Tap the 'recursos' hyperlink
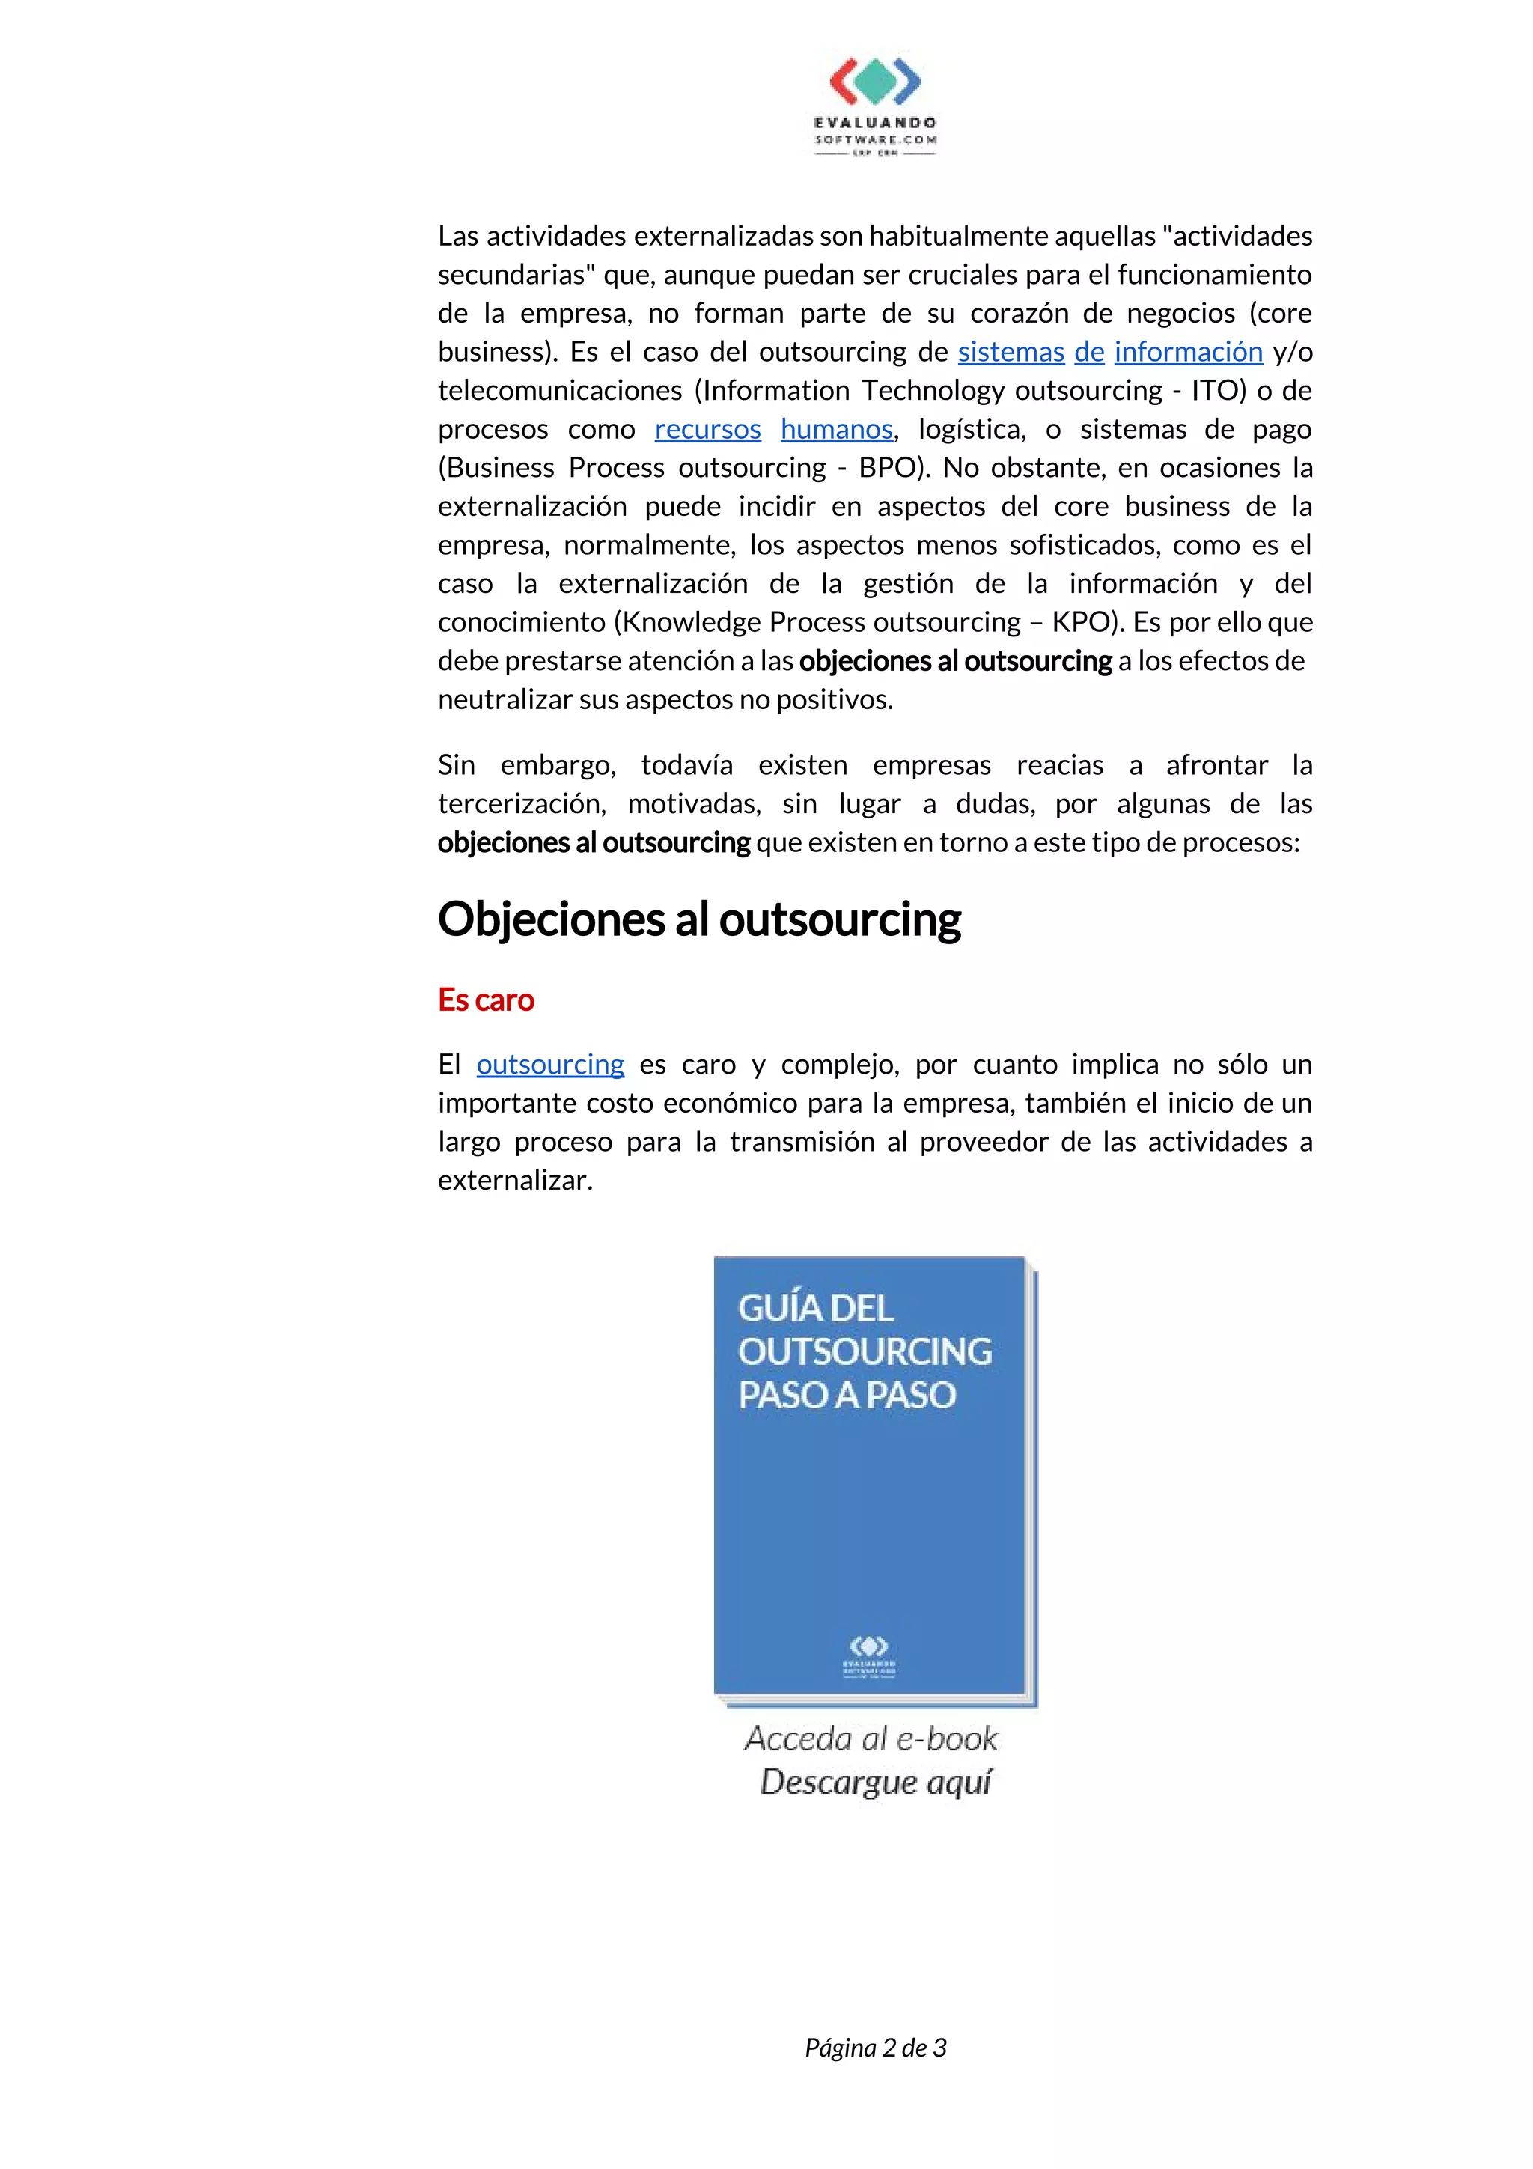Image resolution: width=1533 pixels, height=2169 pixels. (707, 429)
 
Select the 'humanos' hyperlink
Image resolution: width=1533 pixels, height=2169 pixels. (836, 429)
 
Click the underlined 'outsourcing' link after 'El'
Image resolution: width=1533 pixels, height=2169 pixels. (549, 1065)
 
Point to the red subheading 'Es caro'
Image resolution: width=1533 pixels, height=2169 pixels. (486, 1000)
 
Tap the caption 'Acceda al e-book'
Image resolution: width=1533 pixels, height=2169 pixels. (870, 1738)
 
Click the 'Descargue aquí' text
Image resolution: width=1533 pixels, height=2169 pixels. (876, 1782)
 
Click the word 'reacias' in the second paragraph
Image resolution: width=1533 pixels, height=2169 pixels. (1060, 765)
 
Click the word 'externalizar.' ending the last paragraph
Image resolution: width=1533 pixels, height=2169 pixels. (515, 1181)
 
